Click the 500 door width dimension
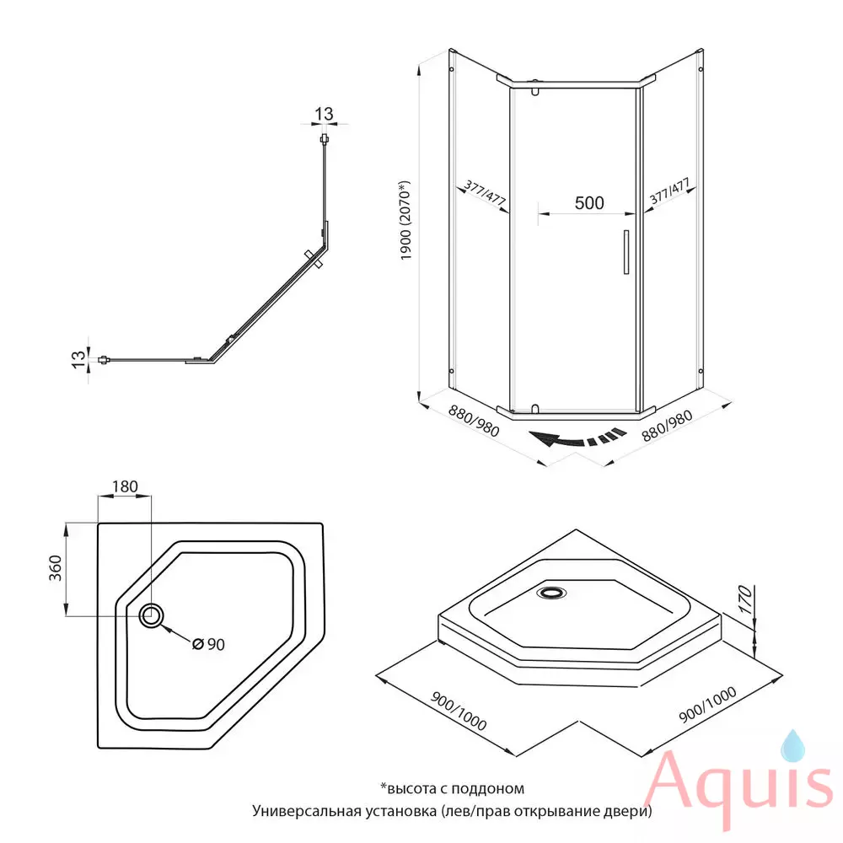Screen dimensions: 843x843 click(589, 202)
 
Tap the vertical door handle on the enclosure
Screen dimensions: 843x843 click(626, 252)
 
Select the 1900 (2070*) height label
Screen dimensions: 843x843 click(405, 220)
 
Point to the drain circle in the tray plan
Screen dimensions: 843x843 click(151, 615)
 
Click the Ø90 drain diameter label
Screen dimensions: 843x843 click(208, 644)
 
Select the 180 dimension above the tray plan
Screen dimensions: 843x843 click(125, 486)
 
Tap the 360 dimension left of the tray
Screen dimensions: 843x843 click(56, 568)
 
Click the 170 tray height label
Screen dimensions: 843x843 click(744, 599)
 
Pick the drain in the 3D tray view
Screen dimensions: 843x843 click(551, 593)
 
